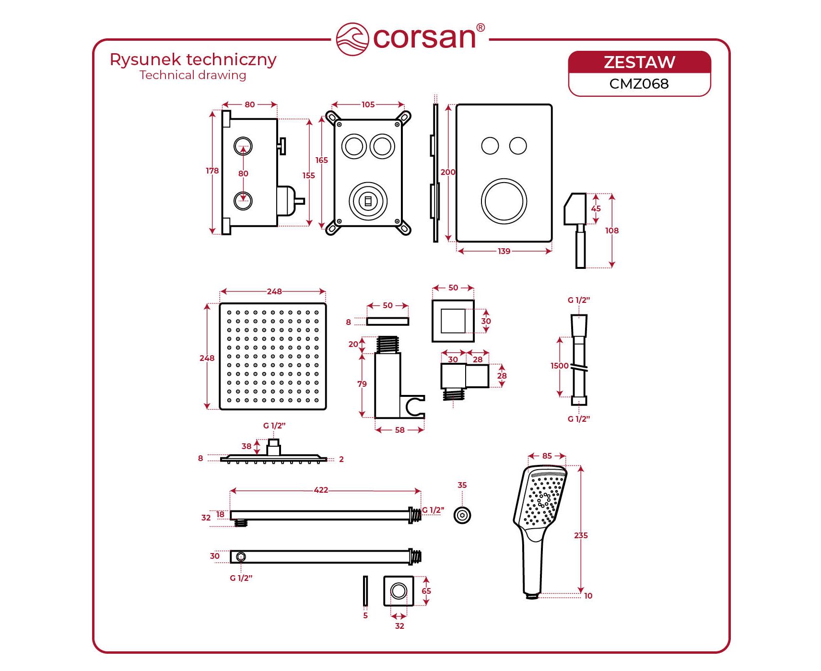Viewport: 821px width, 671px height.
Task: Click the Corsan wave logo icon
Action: point(352,39)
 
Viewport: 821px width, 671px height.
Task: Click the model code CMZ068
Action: point(639,84)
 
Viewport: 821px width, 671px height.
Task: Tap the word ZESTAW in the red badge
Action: point(639,62)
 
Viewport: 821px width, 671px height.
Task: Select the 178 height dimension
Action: point(212,171)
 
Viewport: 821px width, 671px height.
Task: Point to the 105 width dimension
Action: point(368,104)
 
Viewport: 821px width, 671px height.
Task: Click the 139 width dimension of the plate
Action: point(504,251)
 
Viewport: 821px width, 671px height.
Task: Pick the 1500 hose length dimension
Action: point(559,366)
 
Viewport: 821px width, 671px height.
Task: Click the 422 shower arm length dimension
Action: point(321,490)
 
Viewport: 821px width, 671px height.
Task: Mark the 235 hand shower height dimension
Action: point(581,535)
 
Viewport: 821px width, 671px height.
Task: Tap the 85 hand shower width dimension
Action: point(547,456)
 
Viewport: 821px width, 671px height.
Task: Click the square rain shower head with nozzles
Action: point(272,356)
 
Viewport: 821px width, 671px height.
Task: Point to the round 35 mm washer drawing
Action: point(462,515)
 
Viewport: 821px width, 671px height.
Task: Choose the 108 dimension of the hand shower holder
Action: point(611,231)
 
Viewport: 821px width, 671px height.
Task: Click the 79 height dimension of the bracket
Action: point(362,384)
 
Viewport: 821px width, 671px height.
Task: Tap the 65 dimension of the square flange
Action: point(426,591)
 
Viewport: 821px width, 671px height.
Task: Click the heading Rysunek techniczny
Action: point(193,59)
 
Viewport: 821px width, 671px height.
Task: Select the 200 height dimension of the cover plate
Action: point(448,172)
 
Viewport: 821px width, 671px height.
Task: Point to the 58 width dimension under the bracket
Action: point(399,430)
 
